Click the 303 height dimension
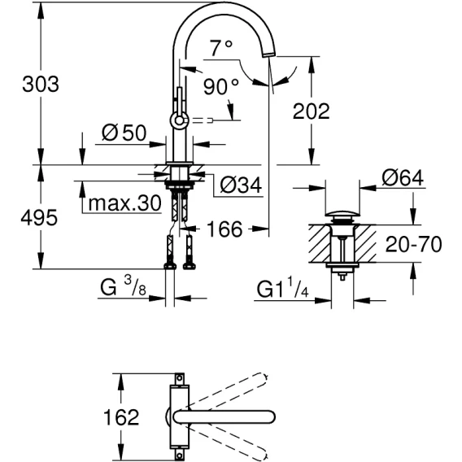coord(41,84)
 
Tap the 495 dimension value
coord(39,218)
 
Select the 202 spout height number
coord(312,111)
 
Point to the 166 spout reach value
coord(224,229)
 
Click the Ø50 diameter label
coord(124,133)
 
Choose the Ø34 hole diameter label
coord(241,185)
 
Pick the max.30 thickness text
coord(125,203)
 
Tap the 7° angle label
coord(221,48)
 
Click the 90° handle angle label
coord(220,86)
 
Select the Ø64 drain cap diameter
coord(403,178)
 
